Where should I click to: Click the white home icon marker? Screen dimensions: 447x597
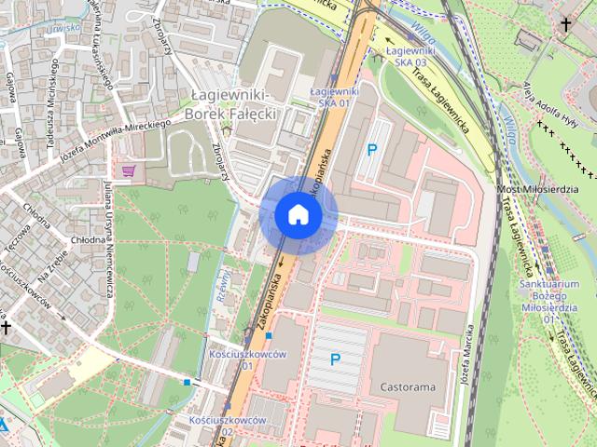pyautogui.click(x=298, y=215)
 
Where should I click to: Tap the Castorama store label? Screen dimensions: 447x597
pyautogui.click(x=409, y=386)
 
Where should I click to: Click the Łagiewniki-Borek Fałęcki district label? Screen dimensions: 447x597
pyautogui.click(x=230, y=105)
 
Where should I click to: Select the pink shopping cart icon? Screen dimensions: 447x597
pyautogui.click(x=129, y=170)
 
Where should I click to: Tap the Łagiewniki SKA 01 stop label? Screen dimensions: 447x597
pyautogui.click(x=333, y=97)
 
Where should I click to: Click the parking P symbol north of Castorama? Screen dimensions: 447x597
pyautogui.click(x=336, y=359)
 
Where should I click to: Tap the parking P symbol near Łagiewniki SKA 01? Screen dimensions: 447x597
pyautogui.click(x=372, y=149)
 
